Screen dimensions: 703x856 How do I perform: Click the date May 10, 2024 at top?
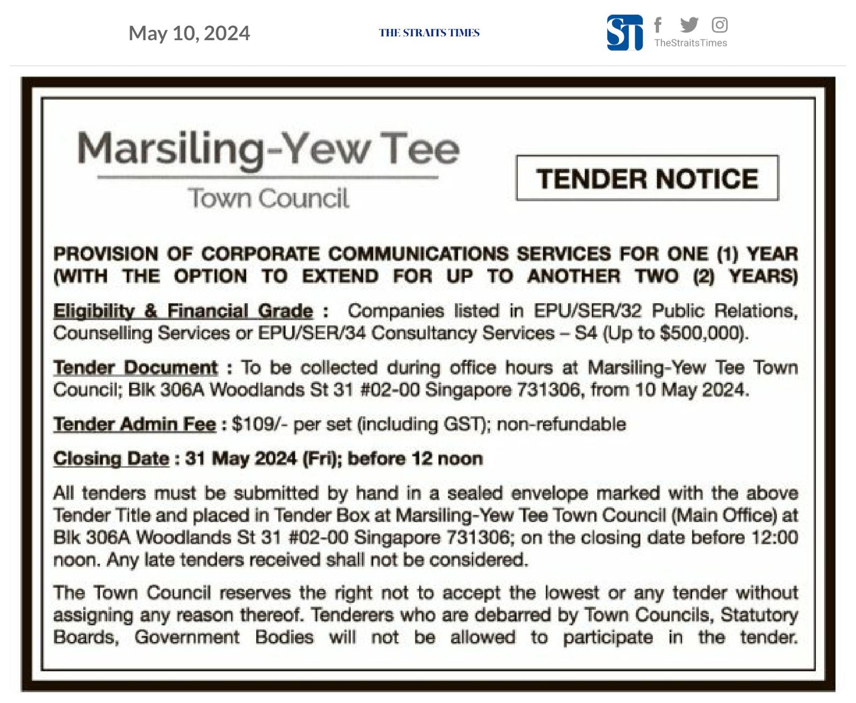[189, 33]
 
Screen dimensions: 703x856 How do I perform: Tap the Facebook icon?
[658, 25]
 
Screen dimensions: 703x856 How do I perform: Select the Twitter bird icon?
[689, 24]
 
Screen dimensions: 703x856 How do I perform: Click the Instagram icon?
[719, 25]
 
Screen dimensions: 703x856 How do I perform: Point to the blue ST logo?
[624, 33]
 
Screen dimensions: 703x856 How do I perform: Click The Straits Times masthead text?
[429, 33]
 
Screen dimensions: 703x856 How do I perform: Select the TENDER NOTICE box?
[647, 178]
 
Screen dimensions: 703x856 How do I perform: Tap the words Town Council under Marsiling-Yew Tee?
[268, 198]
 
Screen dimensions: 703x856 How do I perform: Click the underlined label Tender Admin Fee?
[134, 424]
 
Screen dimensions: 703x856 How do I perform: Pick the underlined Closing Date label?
[111, 459]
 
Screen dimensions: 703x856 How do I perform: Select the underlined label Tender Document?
[135, 368]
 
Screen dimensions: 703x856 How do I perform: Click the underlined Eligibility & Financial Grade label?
[183, 311]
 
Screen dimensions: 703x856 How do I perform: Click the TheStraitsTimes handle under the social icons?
[690, 43]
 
